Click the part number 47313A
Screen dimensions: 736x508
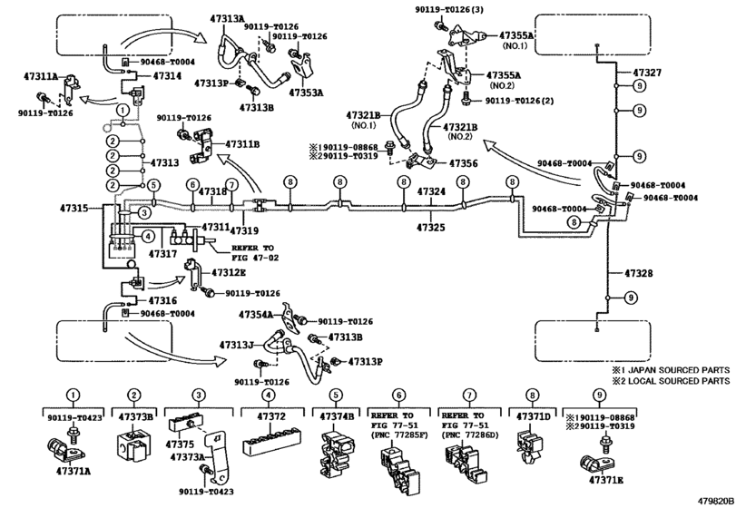point(227,19)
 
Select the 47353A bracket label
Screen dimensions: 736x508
point(306,93)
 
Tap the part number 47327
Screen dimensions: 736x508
point(647,73)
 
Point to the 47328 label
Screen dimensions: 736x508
point(638,273)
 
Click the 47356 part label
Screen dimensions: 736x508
point(463,163)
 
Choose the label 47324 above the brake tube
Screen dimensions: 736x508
point(431,191)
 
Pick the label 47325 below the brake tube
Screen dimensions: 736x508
point(431,228)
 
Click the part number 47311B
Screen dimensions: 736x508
point(242,144)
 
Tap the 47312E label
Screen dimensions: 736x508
point(229,272)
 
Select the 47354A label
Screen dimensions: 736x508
point(256,314)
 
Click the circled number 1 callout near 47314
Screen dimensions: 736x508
point(122,111)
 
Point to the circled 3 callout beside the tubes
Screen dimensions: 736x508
point(144,213)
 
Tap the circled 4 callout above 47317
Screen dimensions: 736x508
point(148,237)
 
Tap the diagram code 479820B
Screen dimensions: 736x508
point(715,501)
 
